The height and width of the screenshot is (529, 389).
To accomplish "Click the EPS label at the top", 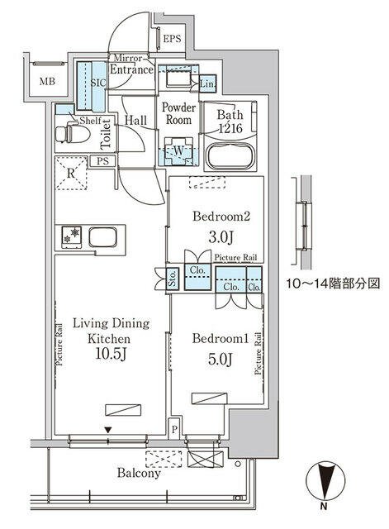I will (x=171, y=39).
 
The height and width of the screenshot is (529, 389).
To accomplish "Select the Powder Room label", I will (x=178, y=113).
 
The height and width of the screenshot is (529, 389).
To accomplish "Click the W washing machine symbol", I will (x=177, y=150).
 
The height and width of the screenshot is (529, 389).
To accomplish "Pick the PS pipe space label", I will (x=104, y=161).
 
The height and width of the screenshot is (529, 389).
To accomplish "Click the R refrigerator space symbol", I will (x=73, y=174).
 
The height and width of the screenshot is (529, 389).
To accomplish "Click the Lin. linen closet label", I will (x=207, y=83).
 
